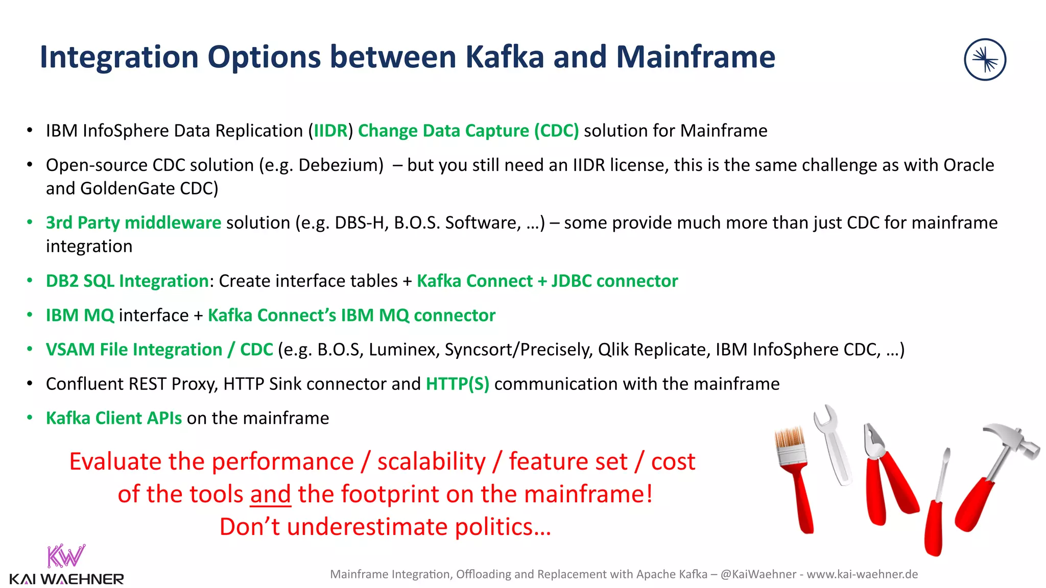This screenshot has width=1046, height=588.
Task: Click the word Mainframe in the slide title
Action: (695, 57)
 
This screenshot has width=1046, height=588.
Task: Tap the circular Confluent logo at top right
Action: (985, 60)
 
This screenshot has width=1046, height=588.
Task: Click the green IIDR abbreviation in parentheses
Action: (330, 131)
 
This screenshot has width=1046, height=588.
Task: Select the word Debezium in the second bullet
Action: (340, 165)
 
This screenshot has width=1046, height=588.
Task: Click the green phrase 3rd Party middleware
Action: (133, 223)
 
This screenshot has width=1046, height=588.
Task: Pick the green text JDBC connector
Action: (614, 281)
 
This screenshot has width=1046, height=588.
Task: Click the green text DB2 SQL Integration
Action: (127, 281)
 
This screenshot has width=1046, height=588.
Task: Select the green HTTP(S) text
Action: (458, 384)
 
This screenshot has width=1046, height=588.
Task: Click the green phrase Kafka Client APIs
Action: (113, 418)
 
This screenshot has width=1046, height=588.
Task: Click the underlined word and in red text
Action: (270, 494)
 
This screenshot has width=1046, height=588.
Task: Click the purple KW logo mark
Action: (65, 556)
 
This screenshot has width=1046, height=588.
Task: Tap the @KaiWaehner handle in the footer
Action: (758, 574)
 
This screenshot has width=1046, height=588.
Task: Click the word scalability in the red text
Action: (432, 462)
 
